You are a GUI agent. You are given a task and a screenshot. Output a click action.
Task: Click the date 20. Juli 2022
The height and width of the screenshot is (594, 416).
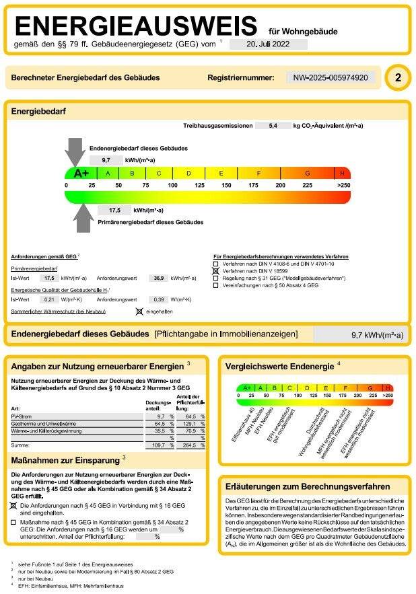click(269, 44)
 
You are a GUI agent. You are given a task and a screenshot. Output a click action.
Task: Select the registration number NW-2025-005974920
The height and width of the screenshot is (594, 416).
click(330, 78)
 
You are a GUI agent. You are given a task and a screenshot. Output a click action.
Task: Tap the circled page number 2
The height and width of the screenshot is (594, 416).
click(397, 78)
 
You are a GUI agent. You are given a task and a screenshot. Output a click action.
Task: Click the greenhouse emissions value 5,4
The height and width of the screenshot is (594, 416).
click(272, 125)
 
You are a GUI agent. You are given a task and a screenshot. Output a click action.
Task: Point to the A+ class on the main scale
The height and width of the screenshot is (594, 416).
click(81, 173)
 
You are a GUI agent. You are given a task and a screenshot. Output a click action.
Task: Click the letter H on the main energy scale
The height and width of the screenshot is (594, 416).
click(342, 173)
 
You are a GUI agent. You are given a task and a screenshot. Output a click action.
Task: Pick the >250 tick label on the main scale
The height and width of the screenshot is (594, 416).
click(343, 185)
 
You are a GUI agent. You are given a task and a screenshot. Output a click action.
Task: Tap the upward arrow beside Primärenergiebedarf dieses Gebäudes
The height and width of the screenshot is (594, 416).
click(83, 217)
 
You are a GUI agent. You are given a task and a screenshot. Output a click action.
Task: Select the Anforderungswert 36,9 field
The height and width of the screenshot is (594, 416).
click(159, 277)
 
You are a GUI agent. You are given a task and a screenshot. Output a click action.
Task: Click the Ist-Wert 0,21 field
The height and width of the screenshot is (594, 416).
click(48, 299)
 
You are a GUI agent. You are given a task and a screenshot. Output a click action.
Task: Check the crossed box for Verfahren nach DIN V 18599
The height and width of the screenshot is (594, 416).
click(215, 270)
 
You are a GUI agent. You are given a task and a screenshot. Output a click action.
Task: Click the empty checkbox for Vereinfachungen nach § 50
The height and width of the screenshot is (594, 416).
click(215, 285)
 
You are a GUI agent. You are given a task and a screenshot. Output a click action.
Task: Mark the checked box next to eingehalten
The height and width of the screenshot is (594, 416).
click(139, 311)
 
